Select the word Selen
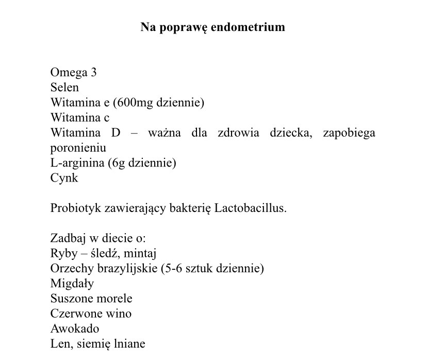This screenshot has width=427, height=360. pyautogui.click(x=64, y=88)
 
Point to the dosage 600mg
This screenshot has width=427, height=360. pyautogui.click(x=136, y=103)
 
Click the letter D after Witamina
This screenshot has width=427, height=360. pyautogui.click(x=116, y=133)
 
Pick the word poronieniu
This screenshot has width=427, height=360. pyautogui.click(x=78, y=148)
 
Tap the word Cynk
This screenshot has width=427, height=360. pyautogui.click(x=64, y=178)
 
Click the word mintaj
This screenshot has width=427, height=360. pyautogui.click(x=140, y=254)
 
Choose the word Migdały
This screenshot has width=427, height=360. pyautogui.click(x=72, y=284)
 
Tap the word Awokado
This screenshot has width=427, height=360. pyautogui.click(x=75, y=329)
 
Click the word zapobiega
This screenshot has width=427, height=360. pyautogui.click(x=349, y=133)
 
